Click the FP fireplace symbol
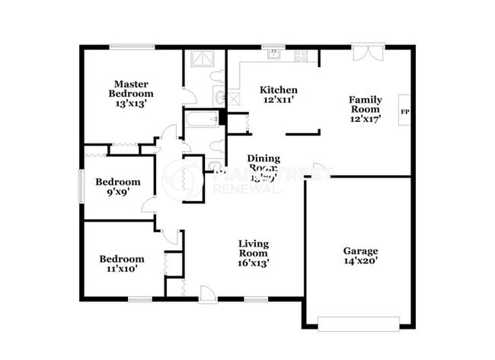tap(404, 111)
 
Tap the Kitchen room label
tap(279, 90)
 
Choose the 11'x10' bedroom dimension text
tap(122, 269)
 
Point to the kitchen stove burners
tap(302, 55)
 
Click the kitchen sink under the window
tap(273, 55)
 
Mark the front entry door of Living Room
tap(207, 293)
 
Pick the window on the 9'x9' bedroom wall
tap(81, 186)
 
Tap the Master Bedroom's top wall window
tap(132, 46)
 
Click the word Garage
tap(361, 250)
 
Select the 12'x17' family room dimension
tap(366, 119)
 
